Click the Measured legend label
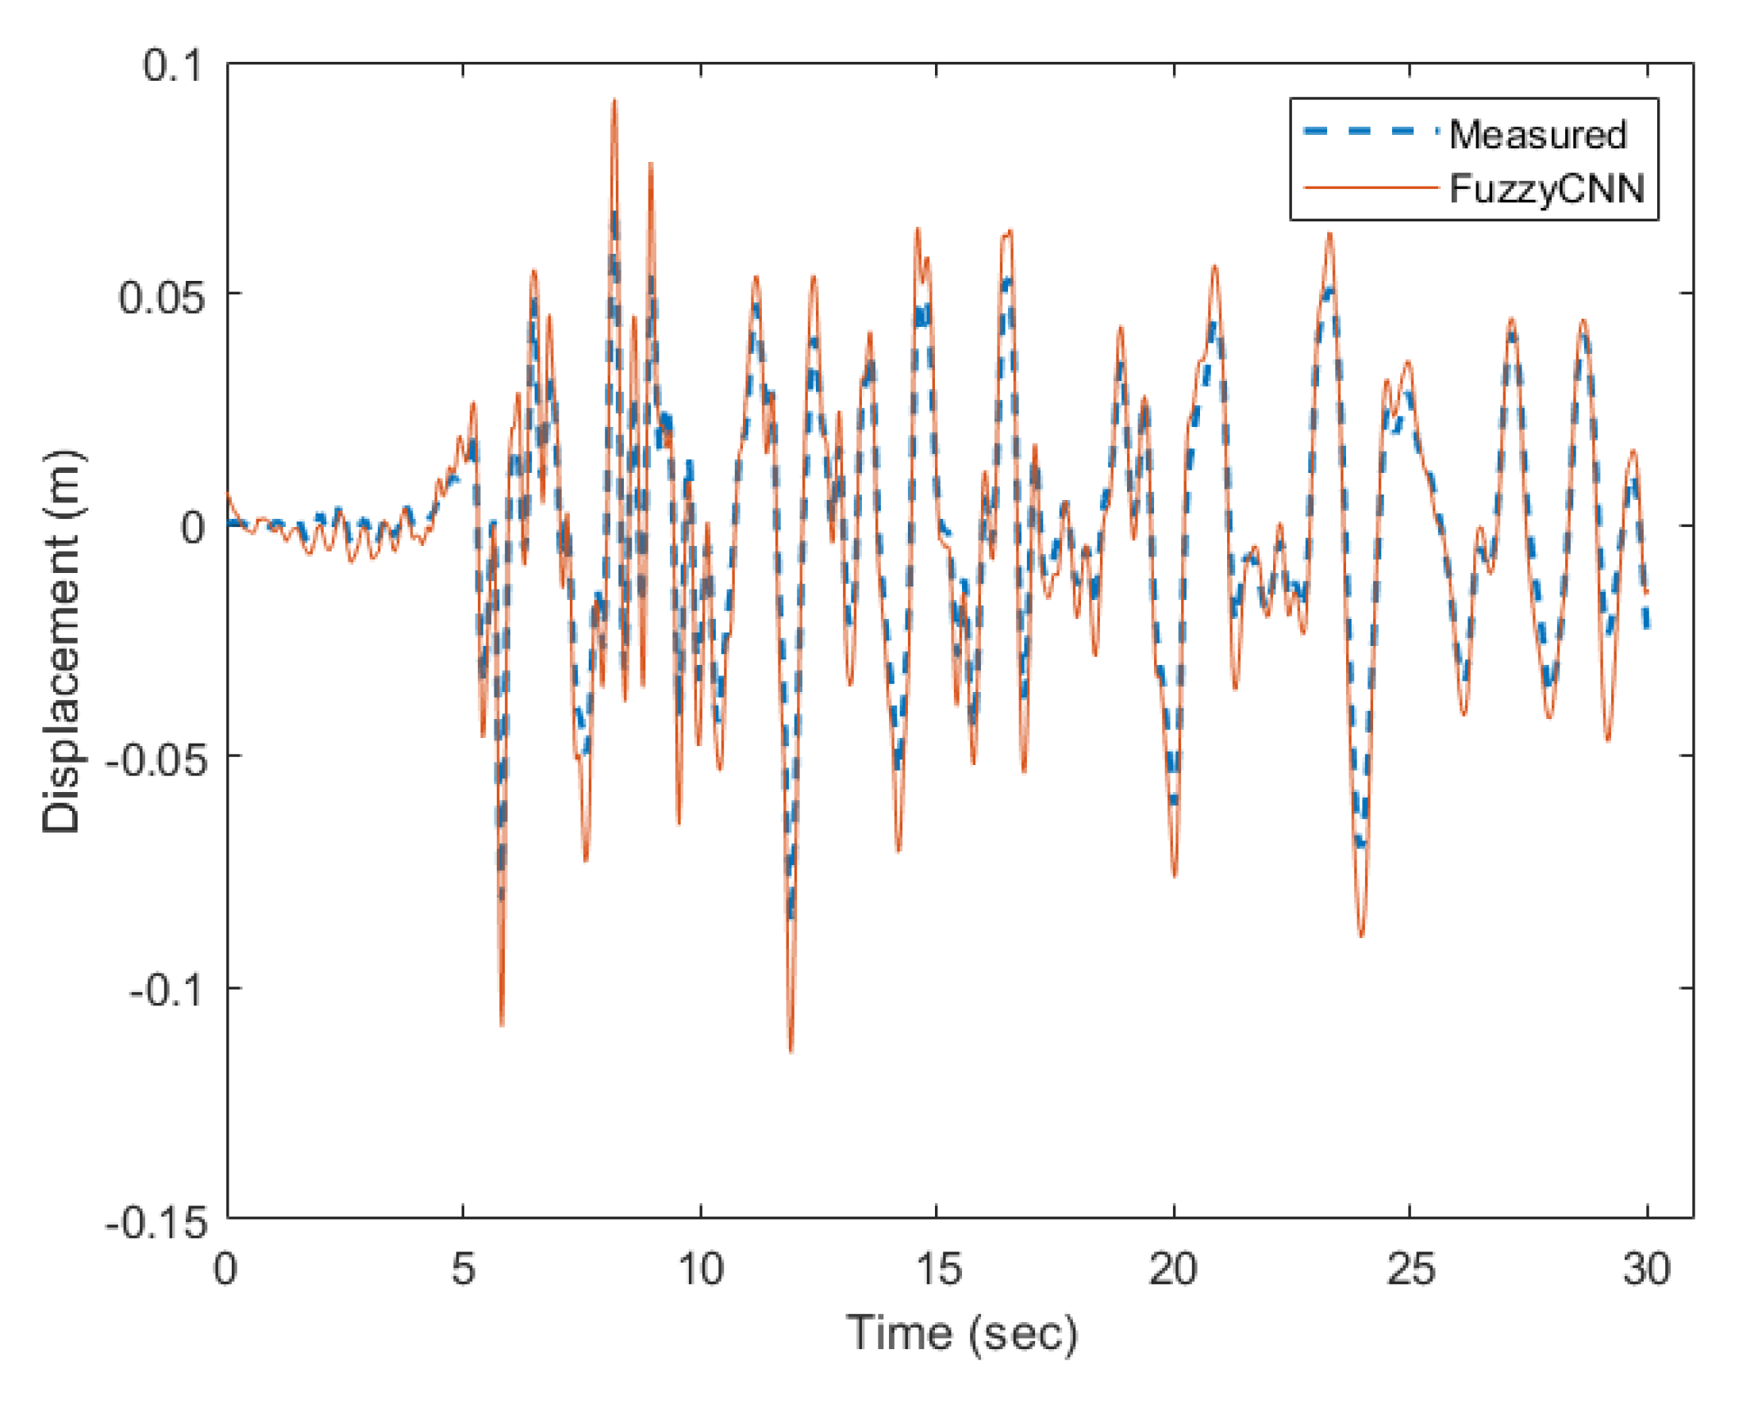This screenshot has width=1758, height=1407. pos(1537,134)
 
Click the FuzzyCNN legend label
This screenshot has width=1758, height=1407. pos(1547,189)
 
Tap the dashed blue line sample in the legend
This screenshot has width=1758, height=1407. pos(1371,131)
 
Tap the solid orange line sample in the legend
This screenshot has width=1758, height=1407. pos(1371,188)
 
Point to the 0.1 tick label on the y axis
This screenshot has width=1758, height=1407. pos(172,65)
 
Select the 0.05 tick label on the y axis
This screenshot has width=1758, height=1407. pos(160,297)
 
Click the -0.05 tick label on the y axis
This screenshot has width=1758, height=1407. pos(154,760)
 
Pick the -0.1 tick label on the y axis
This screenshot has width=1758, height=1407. pos(166,991)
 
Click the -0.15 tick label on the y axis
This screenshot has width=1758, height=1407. pos(155,1224)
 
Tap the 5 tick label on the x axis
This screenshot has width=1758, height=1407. pos(464,1269)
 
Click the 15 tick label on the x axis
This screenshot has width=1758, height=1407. pos(937,1269)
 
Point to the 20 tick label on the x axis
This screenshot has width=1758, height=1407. pos(1172,1269)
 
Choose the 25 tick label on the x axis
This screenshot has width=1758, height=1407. pos(1410,1269)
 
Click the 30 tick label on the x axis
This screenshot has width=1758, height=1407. pos(1646,1269)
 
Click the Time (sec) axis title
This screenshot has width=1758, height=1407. pos(961,1334)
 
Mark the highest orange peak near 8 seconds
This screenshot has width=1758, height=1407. pos(615,101)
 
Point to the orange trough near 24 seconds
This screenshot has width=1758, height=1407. pos(1361,936)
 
